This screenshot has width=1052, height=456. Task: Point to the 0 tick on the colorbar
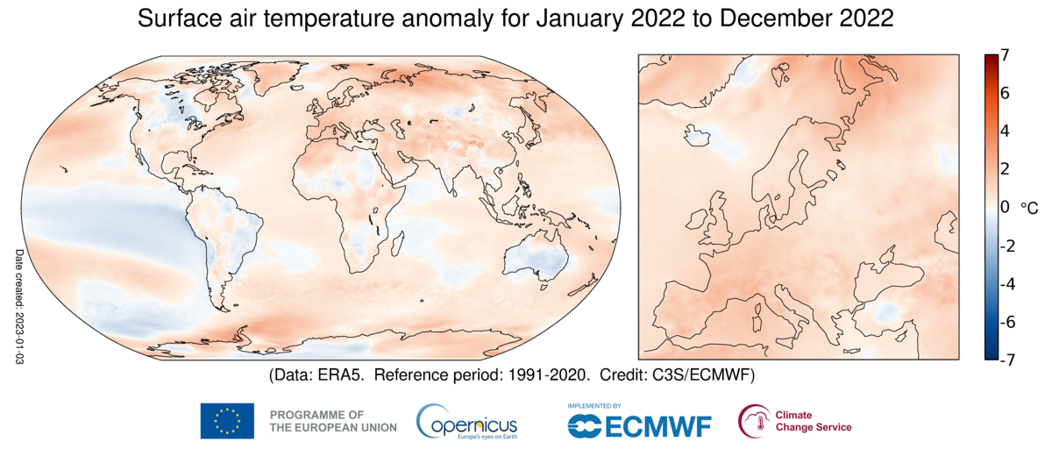click(x=1005, y=207)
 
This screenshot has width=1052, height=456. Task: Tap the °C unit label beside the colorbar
click(x=1029, y=208)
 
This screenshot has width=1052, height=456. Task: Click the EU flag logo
click(x=227, y=421)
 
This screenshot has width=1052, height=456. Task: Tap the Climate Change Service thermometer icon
click(x=754, y=421)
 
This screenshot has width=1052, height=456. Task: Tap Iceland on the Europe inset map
click(x=700, y=135)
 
